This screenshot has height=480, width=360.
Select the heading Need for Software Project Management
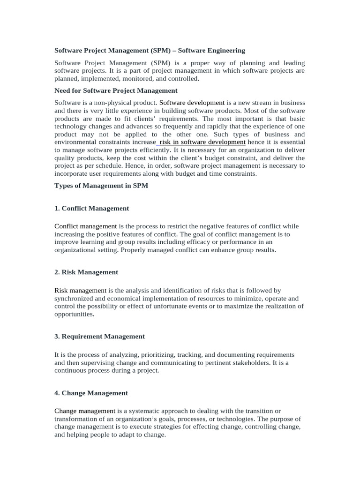coord(116,90)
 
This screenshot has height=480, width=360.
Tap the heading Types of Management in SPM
coord(101,186)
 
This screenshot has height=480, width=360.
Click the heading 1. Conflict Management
coord(92,208)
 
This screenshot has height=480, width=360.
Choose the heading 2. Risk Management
coord(86,272)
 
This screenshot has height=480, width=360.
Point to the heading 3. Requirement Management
coord(100,336)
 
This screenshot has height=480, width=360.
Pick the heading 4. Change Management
coord(91,393)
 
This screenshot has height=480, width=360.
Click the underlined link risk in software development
coord(202,142)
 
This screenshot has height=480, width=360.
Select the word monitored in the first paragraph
coord(145,79)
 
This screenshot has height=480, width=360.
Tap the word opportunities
coord(75,314)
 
